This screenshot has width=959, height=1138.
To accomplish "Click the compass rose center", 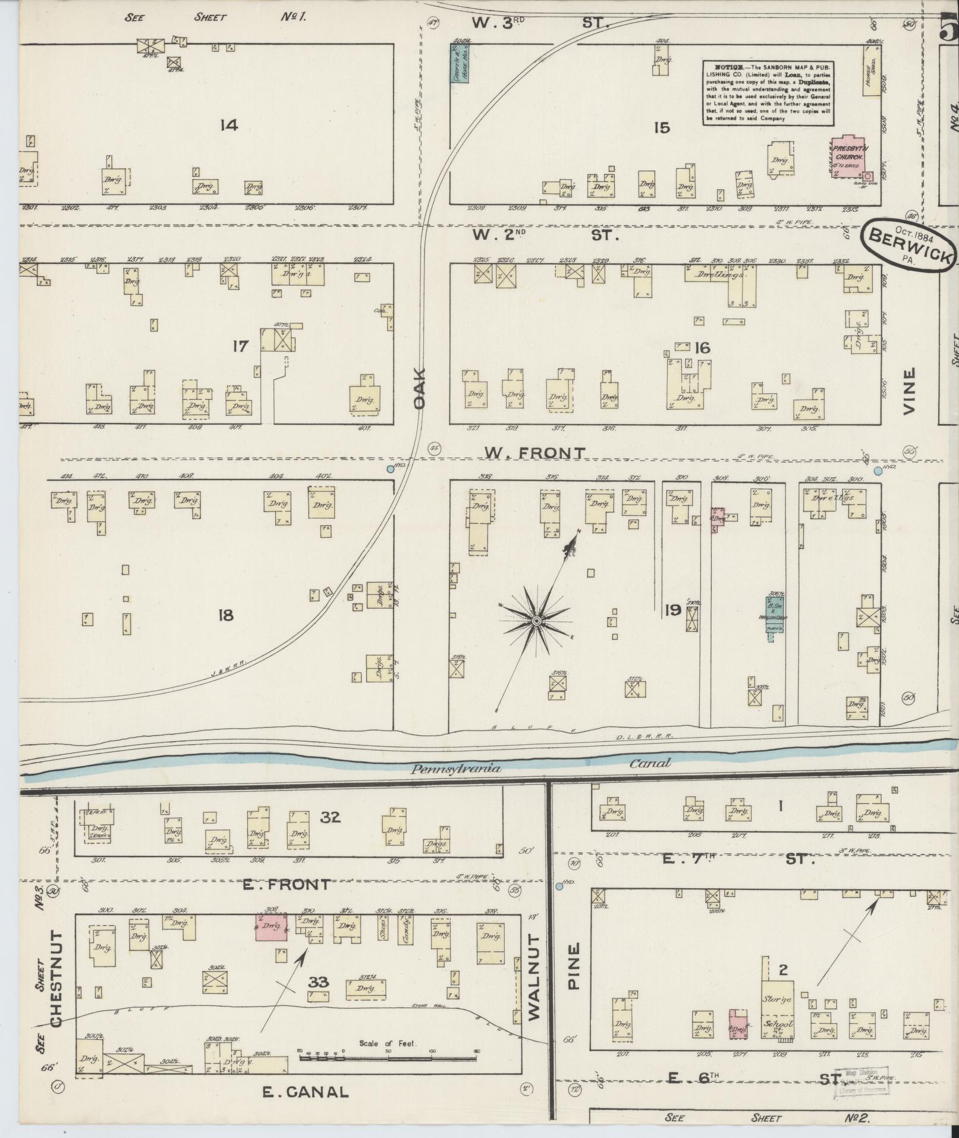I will coord(536,621).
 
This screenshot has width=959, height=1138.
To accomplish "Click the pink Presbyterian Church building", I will coord(849,158).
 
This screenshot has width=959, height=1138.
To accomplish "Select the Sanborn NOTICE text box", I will coord(768,92).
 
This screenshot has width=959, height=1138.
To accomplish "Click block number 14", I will coord(228,125).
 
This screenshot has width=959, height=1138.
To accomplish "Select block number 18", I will coord(225,615).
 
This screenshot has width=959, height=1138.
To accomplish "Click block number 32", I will coord(331,817).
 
